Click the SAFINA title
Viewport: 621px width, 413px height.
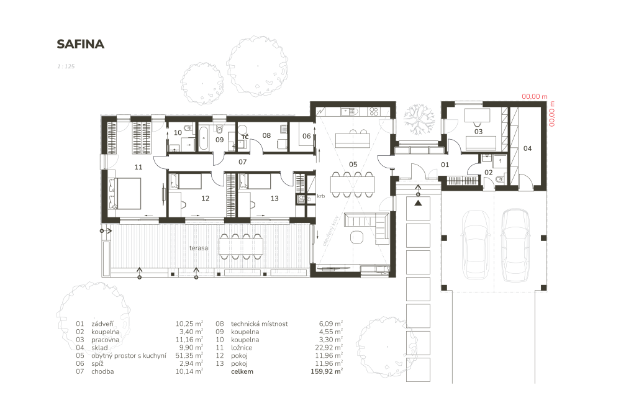(x=80, y=44)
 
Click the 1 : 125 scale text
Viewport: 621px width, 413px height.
(x=66, y=66)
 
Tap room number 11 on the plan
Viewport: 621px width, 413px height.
(x=138, y=167)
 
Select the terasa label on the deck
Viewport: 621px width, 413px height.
(x=199, y=248)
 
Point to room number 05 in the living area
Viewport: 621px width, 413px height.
(x=353, y=165)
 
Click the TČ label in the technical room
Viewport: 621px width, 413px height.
(x=245, y=137)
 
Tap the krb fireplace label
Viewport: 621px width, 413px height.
(x=321, y=196)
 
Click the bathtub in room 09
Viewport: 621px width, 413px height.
(x=204, y=138)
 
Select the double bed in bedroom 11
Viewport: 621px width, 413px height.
(x=124, y=193)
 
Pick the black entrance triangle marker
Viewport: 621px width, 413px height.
(x=418, y=203)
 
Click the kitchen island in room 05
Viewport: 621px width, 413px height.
(x=353, y=140)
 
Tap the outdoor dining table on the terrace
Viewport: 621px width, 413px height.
(x=241, y=247)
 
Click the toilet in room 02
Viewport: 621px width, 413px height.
(x=500, y=179)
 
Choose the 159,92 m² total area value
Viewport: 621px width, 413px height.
(x=327, y=371)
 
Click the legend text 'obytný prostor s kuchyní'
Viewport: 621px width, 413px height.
(x=129, y=356)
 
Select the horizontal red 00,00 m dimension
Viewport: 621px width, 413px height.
(x=534, y=97)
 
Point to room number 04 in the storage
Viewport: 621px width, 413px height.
(x=527, y=148)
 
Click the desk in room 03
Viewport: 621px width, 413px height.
(x=477, y=116)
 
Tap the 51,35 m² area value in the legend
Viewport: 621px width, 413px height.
(x=189, y=356)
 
